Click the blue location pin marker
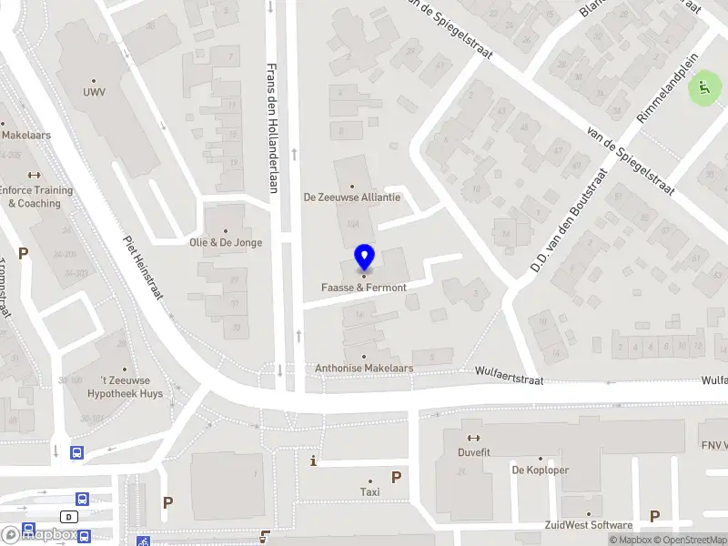pos(364,258)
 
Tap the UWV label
pos(94,92)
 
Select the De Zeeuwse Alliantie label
pos(352,197)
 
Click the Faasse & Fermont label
pos(363,288)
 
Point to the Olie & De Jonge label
pos(225,242)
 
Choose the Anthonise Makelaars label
pos(364,369)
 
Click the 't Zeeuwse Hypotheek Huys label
pos(125,389)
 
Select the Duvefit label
pos(472,450)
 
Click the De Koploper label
pos(540,470)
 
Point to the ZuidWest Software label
pos(588,525)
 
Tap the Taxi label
pos(369,491)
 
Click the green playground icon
pos(703,89)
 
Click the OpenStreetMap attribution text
pos(691,541)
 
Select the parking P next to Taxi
pos(396,477)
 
